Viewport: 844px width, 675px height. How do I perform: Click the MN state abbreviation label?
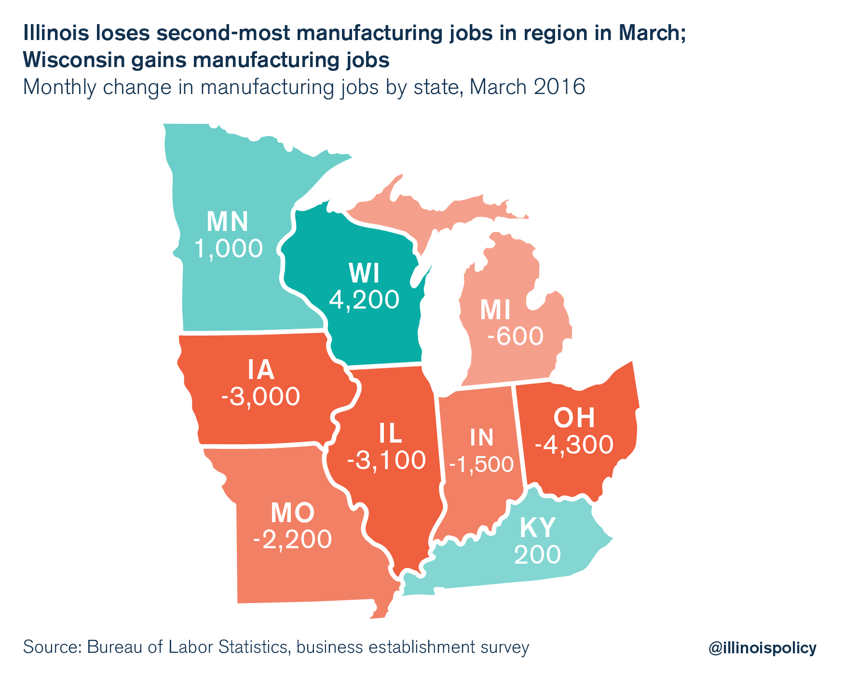pos(228,222)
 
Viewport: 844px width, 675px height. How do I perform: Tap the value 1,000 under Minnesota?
pos(228,249)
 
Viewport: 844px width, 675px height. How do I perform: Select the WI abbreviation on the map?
pos(364,274)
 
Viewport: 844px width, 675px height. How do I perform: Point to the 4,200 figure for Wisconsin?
pos(364,299)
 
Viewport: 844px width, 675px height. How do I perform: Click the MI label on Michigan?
pos(495,311)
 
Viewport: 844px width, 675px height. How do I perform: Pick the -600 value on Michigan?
pos(515,337)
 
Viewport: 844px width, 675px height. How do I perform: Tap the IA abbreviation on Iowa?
pos(261,370)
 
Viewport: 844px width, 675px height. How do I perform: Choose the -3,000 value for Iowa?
pos(261,397)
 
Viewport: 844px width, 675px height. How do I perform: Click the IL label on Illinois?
pos(391,434)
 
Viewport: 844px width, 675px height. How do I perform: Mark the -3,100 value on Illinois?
pos(387,460)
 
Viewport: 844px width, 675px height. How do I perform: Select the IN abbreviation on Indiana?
pos(482,438)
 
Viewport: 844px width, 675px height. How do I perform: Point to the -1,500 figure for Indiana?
pos(481,464)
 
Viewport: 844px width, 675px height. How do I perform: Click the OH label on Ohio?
pos(574,418)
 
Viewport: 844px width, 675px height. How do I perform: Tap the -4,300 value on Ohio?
pos(574,445)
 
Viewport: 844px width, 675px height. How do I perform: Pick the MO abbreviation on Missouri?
pos(293,513)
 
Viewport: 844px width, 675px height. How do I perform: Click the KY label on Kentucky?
pos(538,528)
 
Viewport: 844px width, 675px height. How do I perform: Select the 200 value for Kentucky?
pos(537,554)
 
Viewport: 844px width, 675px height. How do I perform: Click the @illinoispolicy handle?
pos(762,648)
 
